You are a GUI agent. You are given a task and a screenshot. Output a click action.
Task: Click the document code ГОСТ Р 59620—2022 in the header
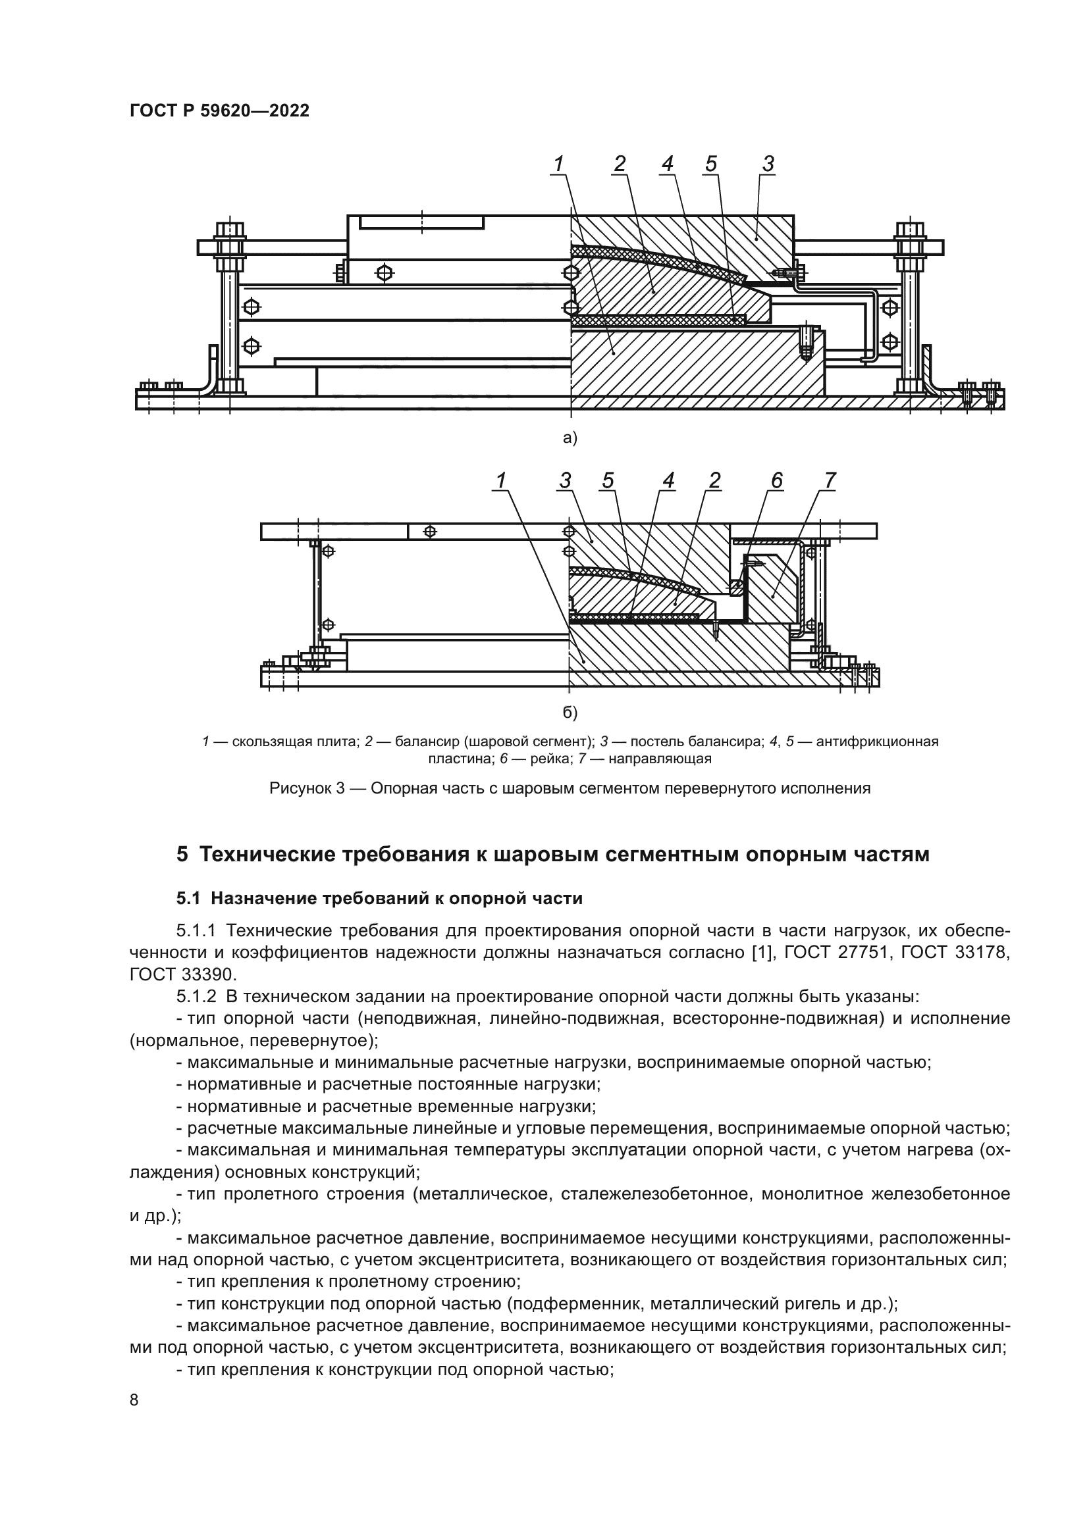pyautogui.click(x=219, y=111)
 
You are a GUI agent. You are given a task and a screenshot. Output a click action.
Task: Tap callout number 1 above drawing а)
pyautogui.click(x=558, y=164)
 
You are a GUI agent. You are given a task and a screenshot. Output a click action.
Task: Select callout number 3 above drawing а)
pyautogui.click(x=768, y=164)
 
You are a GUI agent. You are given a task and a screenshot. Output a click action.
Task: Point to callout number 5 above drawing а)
pyautogui.click(x=711, y=164)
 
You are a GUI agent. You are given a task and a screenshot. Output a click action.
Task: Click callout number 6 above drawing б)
pyautogui.click(x=776, y=480)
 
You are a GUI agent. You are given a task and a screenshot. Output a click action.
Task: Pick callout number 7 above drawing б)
pyautogui.click(x=830, y=480)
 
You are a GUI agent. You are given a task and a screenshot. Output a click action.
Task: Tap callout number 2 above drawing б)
pyautogui.click(x=714, y=480)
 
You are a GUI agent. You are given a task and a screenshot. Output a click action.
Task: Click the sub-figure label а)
pyautogui.click(x=570, y=438)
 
